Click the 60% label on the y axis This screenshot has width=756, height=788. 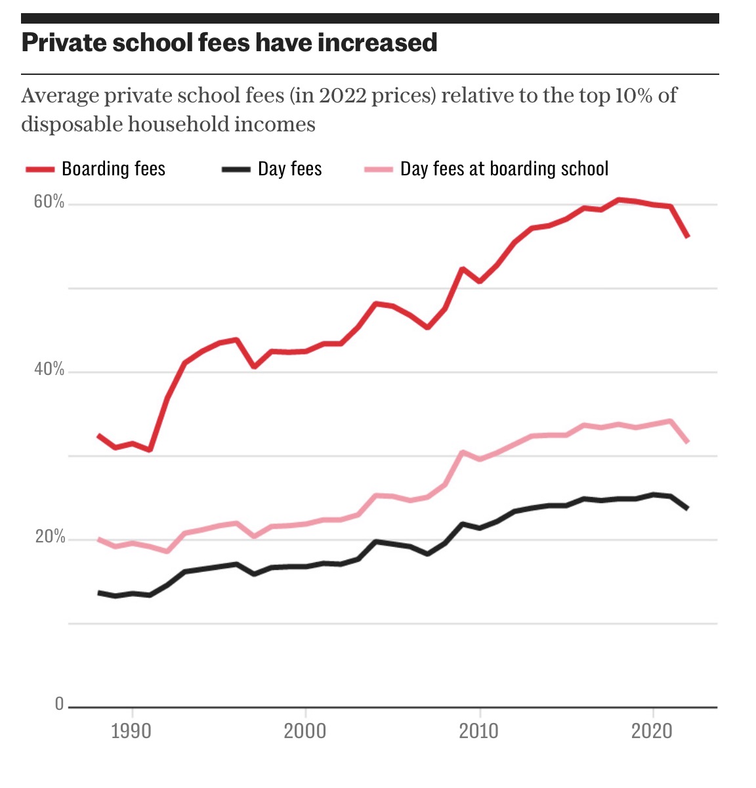(x=49, y=202)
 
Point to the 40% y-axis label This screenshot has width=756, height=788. (x=49, y=369)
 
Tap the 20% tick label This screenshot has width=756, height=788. (x=50, y=537)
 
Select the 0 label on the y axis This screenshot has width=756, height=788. (x=59, y=705)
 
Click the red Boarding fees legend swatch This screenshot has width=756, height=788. (x=40, y=169)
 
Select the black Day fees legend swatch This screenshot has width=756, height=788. (x=236, y=169)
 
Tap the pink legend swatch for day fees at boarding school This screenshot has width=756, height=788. (x=379, y=169)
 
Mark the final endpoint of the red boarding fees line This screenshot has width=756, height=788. (x=688, y=236)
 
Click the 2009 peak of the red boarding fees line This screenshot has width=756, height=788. (x=462, y=269)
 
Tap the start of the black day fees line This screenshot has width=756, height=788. (x=98, y=593)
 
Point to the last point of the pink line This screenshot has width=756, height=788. (x=688, y=442)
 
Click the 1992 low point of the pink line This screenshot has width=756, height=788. (x=167, y=552)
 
